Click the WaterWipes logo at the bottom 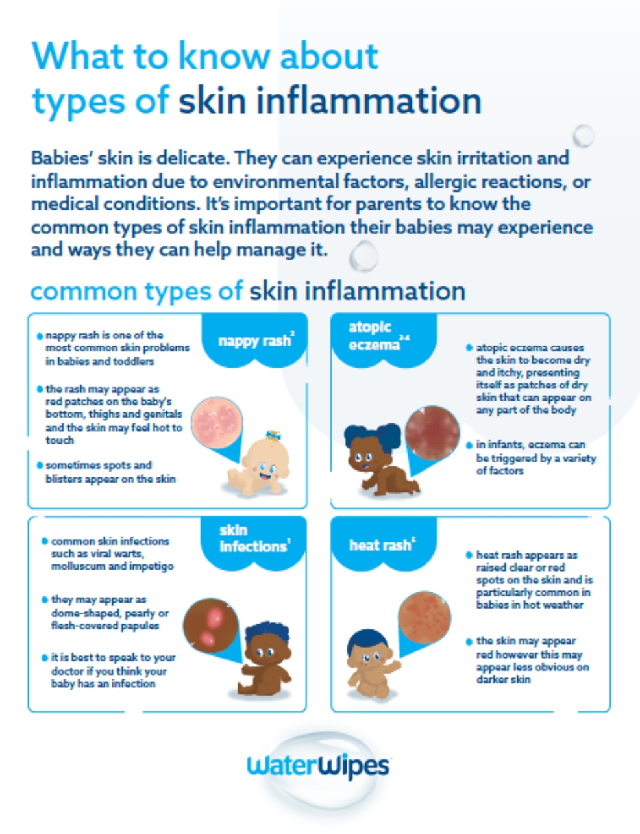pos(318,766)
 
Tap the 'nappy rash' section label pos(256,340)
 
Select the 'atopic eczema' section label pos(378,336)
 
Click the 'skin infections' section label pos(254,538)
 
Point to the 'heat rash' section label pos(382,544)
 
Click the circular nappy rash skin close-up pos(217,423)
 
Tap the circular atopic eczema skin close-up pos(432,433)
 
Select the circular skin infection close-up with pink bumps pos(210,625)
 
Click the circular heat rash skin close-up pos(425,618)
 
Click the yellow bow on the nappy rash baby pos(273,435)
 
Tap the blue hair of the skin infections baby pos(267,635)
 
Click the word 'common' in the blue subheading pos(83,291)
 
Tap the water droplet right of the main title pos(584,136)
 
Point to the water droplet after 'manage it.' pos(363,256)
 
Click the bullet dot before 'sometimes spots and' pos(40,466)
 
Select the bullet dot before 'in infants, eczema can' pos(469,446)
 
